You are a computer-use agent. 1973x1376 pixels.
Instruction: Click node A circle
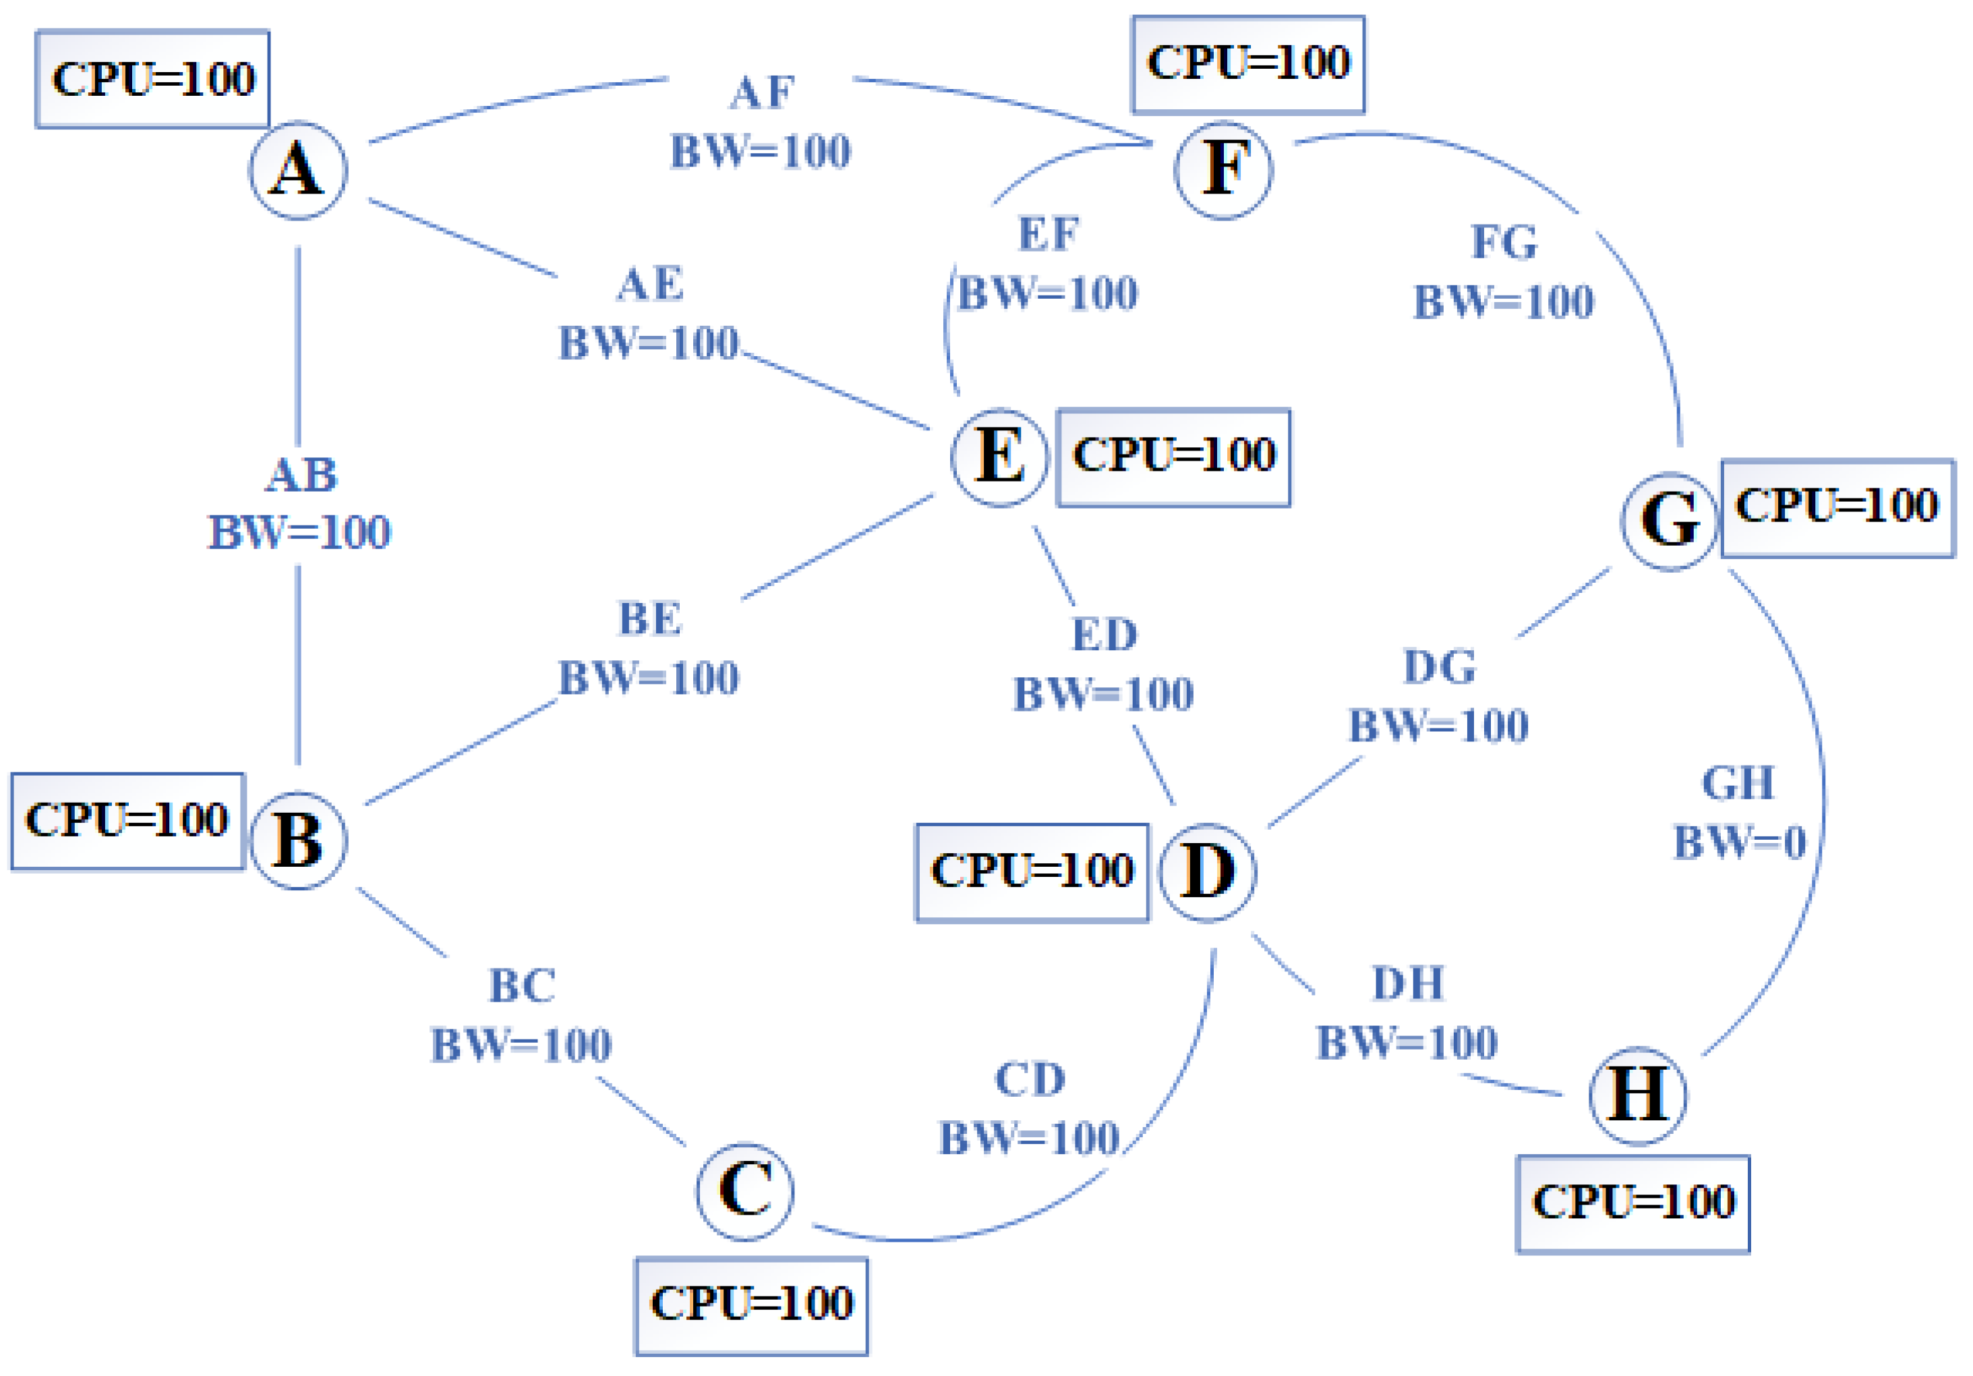(298, 170)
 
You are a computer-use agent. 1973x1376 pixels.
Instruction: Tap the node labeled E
(999, 457)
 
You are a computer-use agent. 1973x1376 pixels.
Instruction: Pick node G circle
(1669, 520)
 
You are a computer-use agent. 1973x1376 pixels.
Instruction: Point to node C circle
(744, 1191)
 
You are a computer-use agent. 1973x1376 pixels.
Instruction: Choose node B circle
(298, 840)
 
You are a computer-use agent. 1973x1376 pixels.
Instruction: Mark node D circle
(1208, 871)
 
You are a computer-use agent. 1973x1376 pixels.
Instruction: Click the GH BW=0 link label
(1738, 812)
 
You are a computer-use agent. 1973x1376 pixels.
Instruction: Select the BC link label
(522, 1015)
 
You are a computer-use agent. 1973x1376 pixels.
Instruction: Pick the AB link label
(300, 504)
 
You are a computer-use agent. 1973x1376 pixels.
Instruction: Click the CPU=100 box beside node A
(153, 79)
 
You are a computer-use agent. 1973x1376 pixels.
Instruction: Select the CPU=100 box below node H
(1632, 1203)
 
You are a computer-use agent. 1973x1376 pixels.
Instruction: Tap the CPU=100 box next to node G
(1837, 507)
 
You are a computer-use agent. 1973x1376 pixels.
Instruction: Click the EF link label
(1049, 263)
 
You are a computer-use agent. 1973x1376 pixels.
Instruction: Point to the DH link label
(1407, 1012)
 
